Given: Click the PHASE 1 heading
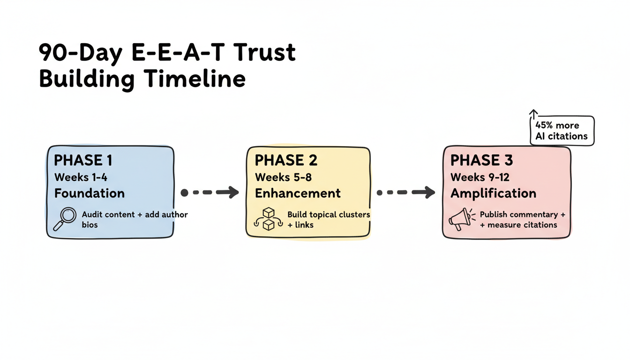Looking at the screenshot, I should click(x=83, y=161).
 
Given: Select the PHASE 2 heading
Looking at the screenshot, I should click(x=286, y=161).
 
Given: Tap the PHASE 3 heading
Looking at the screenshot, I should click(x=481, y=161).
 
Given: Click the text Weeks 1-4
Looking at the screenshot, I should click(x=81, y=178).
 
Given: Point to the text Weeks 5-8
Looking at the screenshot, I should click(x=283, y=178).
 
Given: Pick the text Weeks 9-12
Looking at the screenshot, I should click(x=480, y=178).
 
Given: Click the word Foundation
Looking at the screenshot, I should click(x=90, y=193).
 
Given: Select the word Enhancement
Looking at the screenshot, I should click(x=298, y=193).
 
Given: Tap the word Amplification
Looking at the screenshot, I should click(x=493, y=193).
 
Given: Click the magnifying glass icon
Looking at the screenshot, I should click(x=65, y=219).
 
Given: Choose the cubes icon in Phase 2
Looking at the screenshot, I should click(x=268, y=219).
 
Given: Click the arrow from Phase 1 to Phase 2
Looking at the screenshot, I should click(x=210, y=192).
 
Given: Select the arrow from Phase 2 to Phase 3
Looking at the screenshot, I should click(x=406, y=192).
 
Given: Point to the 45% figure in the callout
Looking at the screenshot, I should click(x=545, y=126).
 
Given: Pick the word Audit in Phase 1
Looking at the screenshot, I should click(x=92, y=215).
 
